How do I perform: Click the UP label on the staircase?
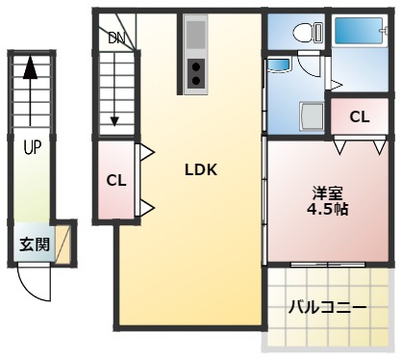(32, 148)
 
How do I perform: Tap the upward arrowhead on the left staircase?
(31, 67)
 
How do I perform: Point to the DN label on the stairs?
(116, 39)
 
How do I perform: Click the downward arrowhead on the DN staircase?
(114, 119)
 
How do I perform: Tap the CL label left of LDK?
(116, 180)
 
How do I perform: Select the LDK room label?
(201, 169)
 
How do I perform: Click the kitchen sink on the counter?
(195, 37)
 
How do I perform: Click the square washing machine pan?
(313, 117)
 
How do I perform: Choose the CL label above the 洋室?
(360, 117)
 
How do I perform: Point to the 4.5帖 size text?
(326, 208)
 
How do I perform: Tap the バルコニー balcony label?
(328, 308)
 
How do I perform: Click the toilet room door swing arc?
(309, 69)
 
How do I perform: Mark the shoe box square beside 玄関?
(63, 243)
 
